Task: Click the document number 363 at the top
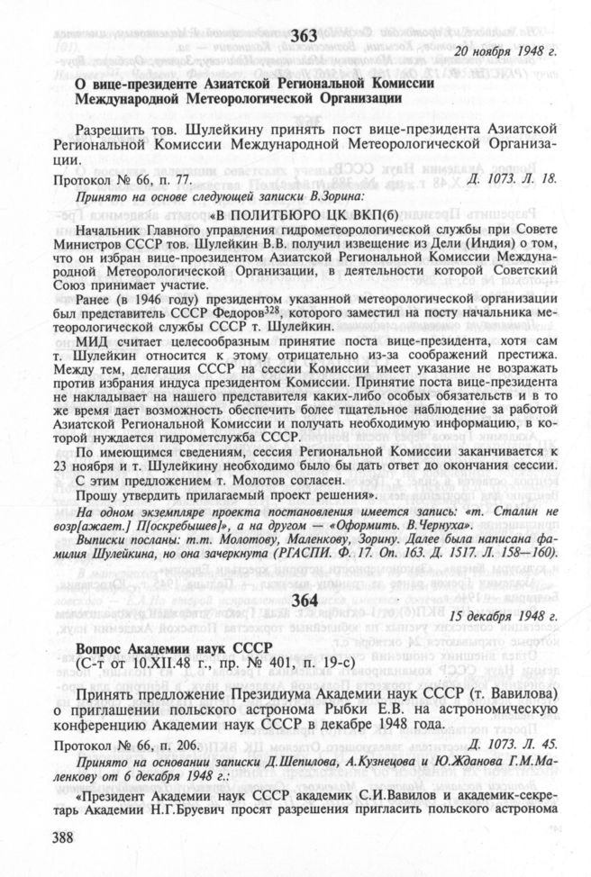[x=305, y=35]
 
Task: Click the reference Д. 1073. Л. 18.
[x=514, y=180]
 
